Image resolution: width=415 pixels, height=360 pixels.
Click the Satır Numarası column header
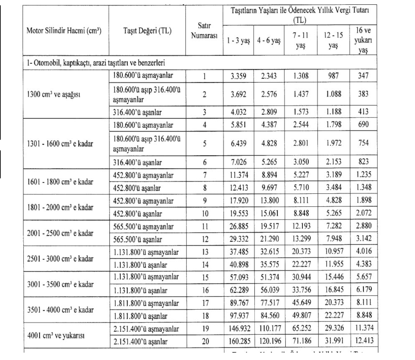click(204, 31)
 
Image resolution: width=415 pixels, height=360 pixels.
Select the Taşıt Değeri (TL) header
click(147, 31)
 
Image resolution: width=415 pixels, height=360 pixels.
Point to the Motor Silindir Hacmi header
click(64, 31)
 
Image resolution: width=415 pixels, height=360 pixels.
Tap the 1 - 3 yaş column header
click(238, 41)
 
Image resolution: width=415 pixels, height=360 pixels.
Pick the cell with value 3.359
click(238, 76)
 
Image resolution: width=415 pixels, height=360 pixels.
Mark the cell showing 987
click(333, 76)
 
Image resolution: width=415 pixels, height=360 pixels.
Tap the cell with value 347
click(363, 76)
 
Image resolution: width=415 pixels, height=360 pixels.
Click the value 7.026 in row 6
click(238, 162)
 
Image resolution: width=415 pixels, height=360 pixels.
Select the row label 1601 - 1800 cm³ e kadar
click(60, 182)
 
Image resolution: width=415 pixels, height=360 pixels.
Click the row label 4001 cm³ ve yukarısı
click(56, 335)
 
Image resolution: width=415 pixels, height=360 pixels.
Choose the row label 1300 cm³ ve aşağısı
click(54, 94)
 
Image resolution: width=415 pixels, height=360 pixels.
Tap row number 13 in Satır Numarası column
click(205, 252)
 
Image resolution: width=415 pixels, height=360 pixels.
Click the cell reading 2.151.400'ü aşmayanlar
click(146, 329)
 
